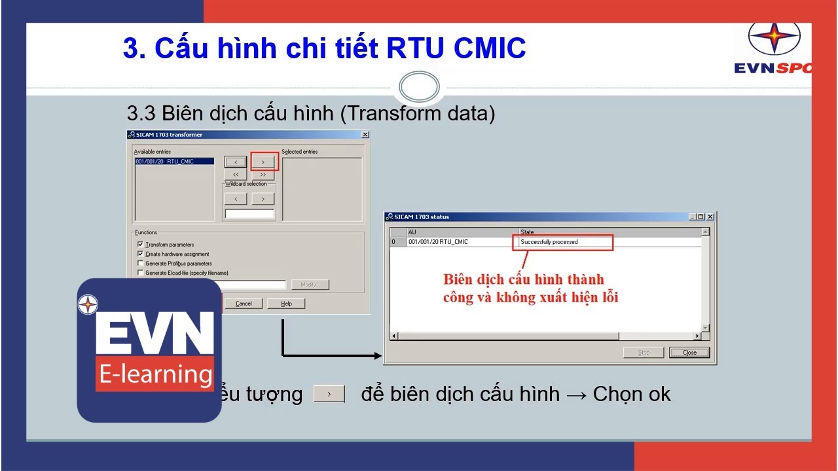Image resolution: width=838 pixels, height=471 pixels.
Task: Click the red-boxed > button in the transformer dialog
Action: pyautogui.click(x=263, y=162)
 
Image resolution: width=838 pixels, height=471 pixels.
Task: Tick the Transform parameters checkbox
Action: pyautogui.click(x=140, y=245)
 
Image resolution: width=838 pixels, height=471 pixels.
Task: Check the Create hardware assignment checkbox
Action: pyautogui.click(x=140, y=254)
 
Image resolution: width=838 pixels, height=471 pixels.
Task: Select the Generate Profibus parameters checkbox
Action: pyautogui.click(x=140, y=264)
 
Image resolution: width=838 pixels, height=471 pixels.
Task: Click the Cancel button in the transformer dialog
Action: pyautogui.click(x=244, y=304)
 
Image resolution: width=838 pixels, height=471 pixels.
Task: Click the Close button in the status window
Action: pyautogui.click(x=689, y=353)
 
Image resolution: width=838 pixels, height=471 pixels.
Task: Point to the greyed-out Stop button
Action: pyautogui.click(x=644, y=353)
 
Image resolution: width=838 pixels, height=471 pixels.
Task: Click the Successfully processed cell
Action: pyautogui.click(x=562, y=242)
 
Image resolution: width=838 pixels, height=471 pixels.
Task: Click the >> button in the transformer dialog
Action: pyautogui.click(x=263, y=175)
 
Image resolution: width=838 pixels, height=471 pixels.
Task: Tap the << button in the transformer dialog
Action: pyautogui.click(x=236, y=175)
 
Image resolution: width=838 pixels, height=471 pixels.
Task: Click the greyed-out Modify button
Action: pyautogui.click(x=310, y=285)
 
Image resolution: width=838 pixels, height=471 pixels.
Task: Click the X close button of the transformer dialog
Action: pyautogui.click(x=365, y=135)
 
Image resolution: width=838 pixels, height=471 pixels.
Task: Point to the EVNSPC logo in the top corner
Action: pyautogui.click(x=773, y=49)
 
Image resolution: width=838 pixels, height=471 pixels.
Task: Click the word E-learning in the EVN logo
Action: pyautogui.click(x=155, y=374)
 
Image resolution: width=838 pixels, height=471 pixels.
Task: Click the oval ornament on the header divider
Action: pyautogui.click(x=419, y=87)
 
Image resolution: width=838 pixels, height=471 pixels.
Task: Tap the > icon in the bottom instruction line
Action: pyautogui.click(x=329, y=394)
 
